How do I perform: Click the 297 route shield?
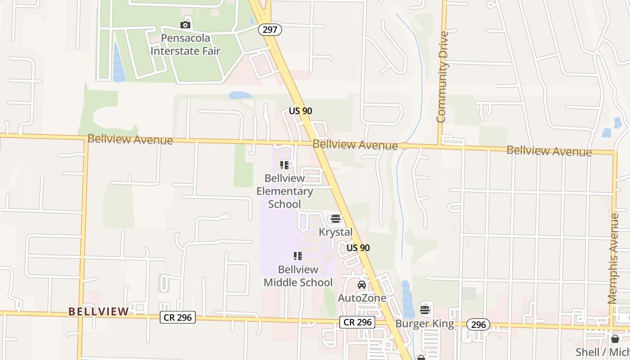pos(270,30)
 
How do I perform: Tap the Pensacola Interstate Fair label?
pos(185,44)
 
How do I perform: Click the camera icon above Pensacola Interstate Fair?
pos(185,25)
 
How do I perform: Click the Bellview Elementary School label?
pos(284,191)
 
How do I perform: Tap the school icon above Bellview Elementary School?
pos(284,165)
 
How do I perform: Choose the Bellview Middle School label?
pos(298,276)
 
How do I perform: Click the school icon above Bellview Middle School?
pos(298,256)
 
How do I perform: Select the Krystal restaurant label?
pos(335,232)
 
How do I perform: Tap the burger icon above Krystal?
pos(335,219)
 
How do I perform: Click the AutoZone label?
pos(362,298)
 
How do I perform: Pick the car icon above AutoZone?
pos(362,285)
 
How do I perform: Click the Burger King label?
pos(424,324)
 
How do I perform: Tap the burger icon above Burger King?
pos(425,310)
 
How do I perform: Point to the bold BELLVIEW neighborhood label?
pos(99,311)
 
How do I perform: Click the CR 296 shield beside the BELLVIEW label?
pos(178,317)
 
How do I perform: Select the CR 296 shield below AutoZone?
pos(357,322)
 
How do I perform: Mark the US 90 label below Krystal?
pos(358,248)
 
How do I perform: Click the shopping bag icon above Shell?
pos(615,339)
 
